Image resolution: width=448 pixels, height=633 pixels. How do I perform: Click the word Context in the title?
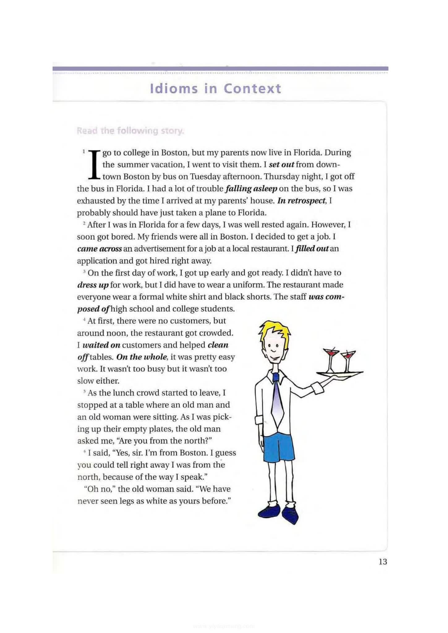tap(252, 89)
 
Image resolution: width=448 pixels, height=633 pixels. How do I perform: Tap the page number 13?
tap(382, 562)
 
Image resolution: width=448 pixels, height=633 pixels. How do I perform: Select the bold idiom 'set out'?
tap(281, 164)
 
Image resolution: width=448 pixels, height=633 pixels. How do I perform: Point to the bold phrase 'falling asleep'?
tap(251, 189)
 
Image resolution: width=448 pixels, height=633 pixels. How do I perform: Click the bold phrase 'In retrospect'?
tap(302, 201)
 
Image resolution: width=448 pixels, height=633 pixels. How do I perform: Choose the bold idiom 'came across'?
tap(99, 249)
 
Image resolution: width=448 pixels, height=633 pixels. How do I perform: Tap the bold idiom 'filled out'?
tap(312, 249)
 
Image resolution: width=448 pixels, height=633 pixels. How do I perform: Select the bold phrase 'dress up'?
tap(93, 285)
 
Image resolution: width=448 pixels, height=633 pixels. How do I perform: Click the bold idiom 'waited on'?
tap(101, 345)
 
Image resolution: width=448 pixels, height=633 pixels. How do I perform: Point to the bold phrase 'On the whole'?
tap(142, 357)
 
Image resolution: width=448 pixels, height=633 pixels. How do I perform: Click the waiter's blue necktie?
tap(278, 399)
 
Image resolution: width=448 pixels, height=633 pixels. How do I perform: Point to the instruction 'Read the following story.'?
tap(130, 131)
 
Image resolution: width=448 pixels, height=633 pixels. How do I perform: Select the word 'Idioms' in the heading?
tap(174, 89)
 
